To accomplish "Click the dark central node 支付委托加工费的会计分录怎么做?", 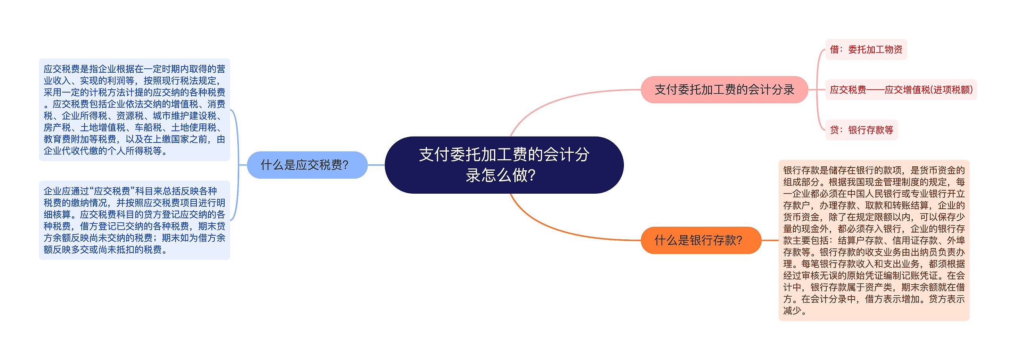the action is pyautogui.click(x=504, y=165).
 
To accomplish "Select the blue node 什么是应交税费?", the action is pyautogui.click(x=307, y=165).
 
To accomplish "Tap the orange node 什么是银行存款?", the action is pyautogui.click(x=701, y=240).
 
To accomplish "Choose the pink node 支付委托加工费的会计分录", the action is pyautogui.click(x=724, y=90).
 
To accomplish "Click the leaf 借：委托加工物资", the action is pyautogui.click(x=866, y=50).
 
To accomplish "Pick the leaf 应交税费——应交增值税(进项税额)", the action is pyautogui.click(x=901, y=90).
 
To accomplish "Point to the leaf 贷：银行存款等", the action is pyautogui.click(x=862, y=130).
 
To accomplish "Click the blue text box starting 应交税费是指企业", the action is pyautogui.click(x=135, y=110).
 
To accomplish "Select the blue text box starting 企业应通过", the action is pyautogui.click(x=135, y=220).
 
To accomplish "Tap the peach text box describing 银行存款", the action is pyautogui.click(x=874, y=240).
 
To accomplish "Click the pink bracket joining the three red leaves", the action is pyautogui.click(x=817, y=90).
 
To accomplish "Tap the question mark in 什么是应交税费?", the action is pyautogui.click(x=345, y=165).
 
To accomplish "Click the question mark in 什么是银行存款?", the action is pyautogui.click(x=739, y=240).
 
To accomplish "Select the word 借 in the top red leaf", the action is pyautogui.click(x=834, y=50).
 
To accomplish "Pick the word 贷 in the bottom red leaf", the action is pyautogui.click(x=834, y=130).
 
